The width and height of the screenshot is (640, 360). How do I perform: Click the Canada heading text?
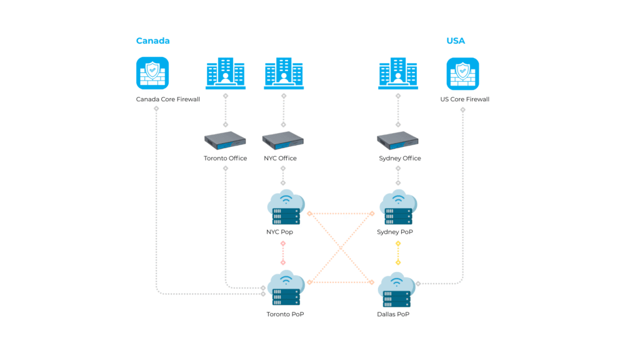(x=152, y=41)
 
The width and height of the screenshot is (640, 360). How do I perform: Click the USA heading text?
(x=456, y=41)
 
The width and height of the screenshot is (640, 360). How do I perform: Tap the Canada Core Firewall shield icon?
(x=152, y=74)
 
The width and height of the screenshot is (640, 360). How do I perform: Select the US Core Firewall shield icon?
(x=462, y=74)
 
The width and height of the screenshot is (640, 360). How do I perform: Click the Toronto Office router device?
(x=225, y=141)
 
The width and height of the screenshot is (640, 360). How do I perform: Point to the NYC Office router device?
(x=283, y=141)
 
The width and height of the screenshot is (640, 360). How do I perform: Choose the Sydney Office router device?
(x=398, y=141)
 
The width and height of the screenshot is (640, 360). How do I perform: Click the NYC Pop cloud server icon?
(x=285, y=207)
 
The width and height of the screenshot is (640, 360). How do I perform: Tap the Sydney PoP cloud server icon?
(x=398, y=207)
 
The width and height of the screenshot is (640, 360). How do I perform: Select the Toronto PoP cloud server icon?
(x=285, y=289)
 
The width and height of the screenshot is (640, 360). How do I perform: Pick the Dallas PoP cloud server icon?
(x=397, y=289)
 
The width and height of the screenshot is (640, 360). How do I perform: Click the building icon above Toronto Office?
(x=225, y=74)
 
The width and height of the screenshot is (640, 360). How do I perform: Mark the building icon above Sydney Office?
(x=398, y=74)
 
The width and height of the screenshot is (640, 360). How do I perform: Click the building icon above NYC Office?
(x=283, y=74)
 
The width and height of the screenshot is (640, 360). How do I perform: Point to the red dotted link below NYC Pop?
(x=283, y=252)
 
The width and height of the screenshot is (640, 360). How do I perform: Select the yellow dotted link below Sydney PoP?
(x=398, y=252)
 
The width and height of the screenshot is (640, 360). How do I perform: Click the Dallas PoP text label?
(x=393, y=314)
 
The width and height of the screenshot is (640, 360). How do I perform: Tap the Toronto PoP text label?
(x=285, y=314)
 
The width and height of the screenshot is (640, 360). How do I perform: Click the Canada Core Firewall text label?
(x=168, y=99)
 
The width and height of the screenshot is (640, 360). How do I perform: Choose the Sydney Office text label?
(x=400, y=159)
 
